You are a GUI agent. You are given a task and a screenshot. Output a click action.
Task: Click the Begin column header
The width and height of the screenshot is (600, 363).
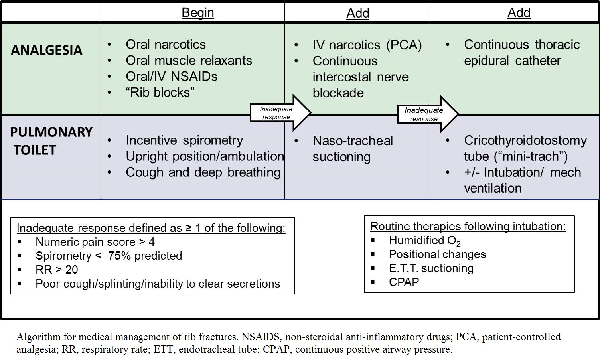point(197,13)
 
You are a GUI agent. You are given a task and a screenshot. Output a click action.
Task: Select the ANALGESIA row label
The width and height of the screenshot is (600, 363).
point(47,50)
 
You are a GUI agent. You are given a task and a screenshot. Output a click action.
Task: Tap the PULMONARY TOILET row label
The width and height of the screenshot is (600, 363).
point(51,141)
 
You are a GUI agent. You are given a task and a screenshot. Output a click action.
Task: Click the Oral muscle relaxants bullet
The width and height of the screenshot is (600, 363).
point(189,61)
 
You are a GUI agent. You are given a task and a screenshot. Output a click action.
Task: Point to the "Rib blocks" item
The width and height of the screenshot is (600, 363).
point(160,93)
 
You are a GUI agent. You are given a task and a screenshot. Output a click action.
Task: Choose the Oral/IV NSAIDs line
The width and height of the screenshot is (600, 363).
point(172,77)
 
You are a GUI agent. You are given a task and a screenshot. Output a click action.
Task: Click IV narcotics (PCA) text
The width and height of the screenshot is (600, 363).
point(367,45)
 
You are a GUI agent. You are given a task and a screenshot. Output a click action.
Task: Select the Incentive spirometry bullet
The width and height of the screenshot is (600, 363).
point(184,140)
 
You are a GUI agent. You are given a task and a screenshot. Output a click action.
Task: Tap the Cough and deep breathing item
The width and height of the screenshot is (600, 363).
point(203,172)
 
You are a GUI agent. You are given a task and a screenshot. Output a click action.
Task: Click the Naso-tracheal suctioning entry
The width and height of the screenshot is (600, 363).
point(353,148)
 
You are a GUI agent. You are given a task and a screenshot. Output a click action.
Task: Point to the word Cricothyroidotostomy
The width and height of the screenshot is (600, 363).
point(525,140)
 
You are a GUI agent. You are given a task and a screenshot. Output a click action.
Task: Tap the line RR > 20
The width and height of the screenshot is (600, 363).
point(57,270)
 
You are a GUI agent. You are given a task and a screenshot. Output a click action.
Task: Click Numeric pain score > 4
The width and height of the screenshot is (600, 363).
point(95,242)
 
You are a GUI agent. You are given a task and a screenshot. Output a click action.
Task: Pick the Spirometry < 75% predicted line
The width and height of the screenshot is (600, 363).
point(109,256)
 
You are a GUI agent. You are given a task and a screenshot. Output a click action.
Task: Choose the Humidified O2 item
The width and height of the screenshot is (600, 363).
point(424,241)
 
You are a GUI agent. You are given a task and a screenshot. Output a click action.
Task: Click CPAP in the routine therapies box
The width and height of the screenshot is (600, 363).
point(404,282)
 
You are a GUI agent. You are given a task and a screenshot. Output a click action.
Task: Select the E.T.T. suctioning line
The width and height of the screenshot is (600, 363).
point(431,268)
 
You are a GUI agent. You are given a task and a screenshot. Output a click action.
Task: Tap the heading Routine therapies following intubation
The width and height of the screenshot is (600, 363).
point(468,226)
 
